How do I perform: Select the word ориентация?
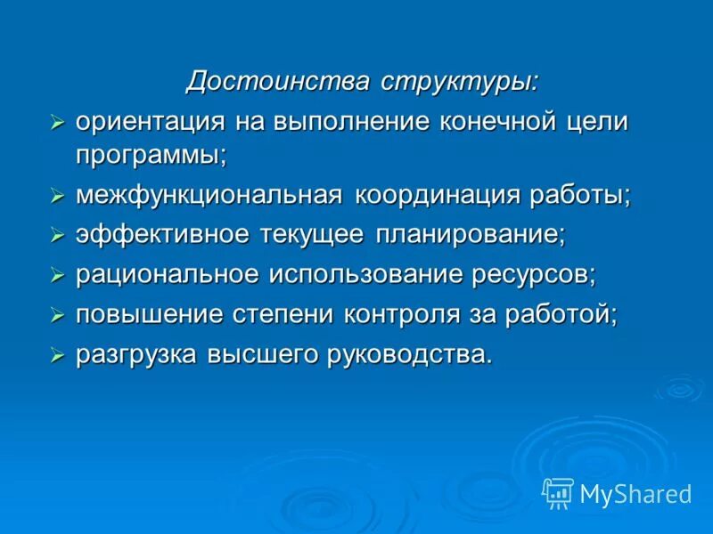pos(148,122)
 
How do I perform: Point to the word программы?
pos(152,155)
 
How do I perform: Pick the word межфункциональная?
pos(209,195)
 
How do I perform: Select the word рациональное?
pos(166,275)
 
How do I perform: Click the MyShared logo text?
pos(635,493)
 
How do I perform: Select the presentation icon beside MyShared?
pos(558,492)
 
